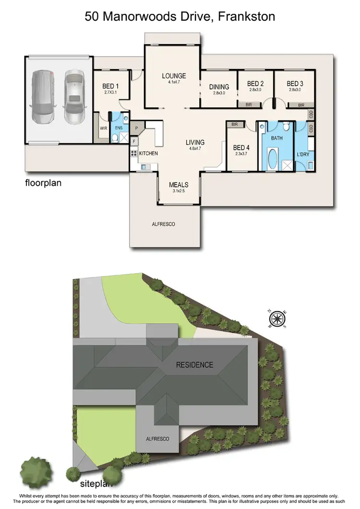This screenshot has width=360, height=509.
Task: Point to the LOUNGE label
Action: [173, 76]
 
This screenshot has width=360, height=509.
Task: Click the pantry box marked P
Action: [136, 129]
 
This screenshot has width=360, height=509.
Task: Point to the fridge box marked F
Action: [134, 141]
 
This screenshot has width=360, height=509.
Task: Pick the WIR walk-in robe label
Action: [103, 129]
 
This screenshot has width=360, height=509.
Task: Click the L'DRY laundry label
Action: [302, 154]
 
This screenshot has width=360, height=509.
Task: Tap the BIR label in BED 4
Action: [234, 124]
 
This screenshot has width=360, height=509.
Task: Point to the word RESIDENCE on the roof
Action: [194, 365]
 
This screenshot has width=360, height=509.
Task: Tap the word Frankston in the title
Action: [246, 17]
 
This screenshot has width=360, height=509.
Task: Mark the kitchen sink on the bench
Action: [143, 167]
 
